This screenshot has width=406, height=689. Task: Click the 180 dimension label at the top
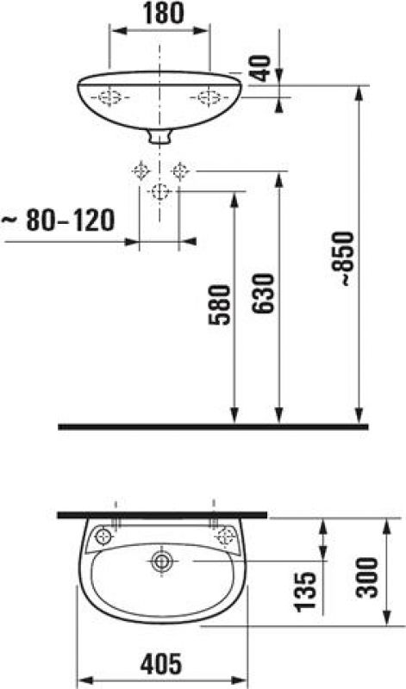(x=163, y=14)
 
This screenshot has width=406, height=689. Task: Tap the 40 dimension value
(x=262, y=68)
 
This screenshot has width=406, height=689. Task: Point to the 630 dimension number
(x=263, y=293)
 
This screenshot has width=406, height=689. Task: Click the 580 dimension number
(x=219, y=305)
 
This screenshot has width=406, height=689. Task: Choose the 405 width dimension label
(x=161, y=663)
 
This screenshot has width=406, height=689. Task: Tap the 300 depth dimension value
(x=367, y=577)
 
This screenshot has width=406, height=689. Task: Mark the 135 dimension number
(x=306, y=592)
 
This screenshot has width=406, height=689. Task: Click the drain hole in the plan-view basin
(x=162, y=561)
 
